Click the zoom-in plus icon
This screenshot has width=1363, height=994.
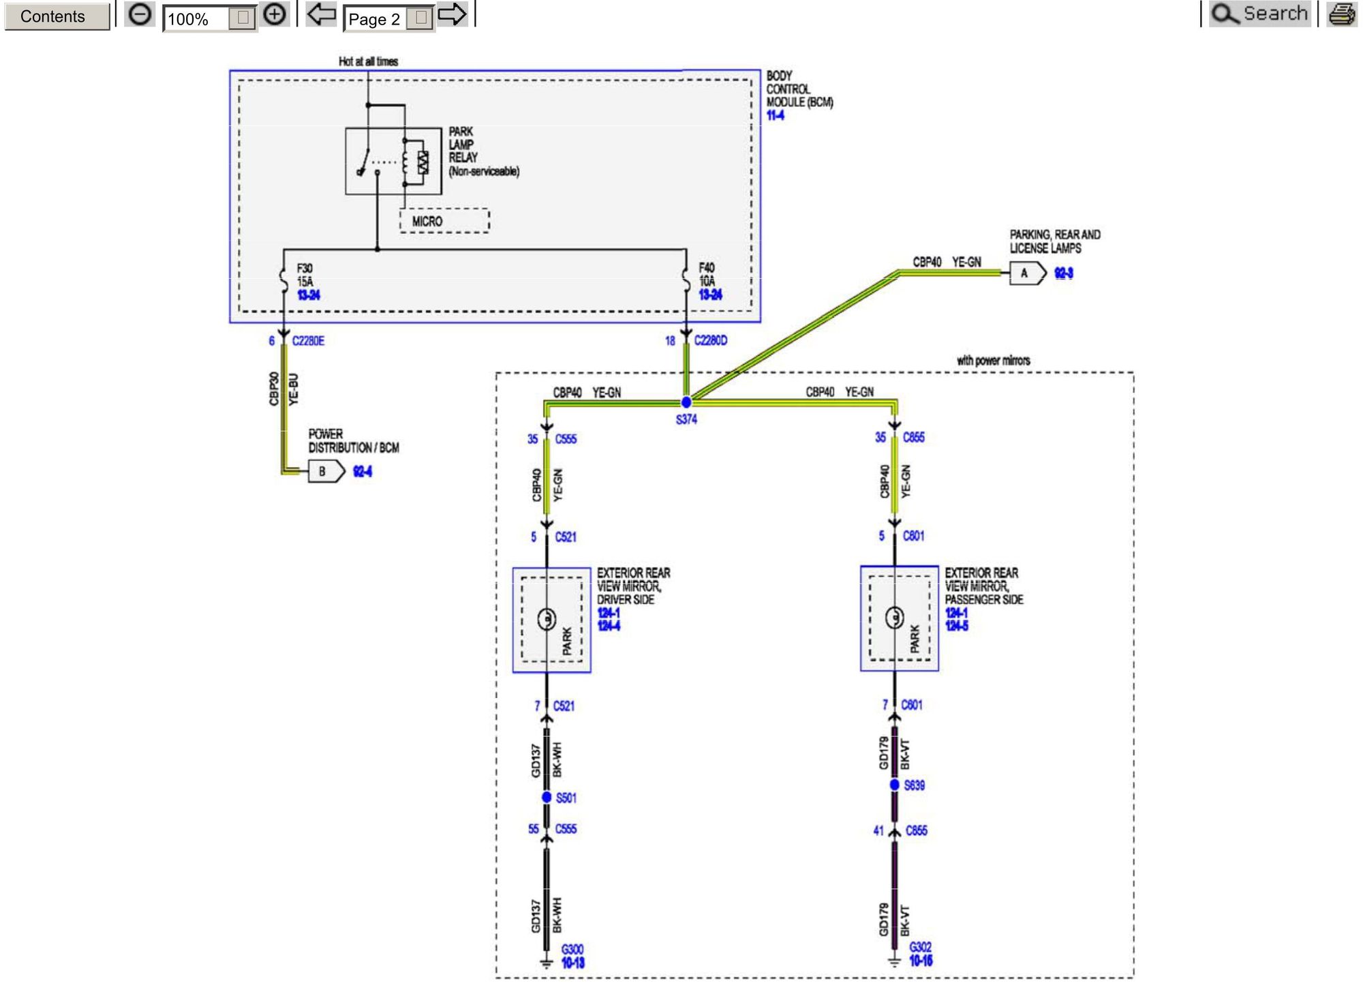(x=275, y=14)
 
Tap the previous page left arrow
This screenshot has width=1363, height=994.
(x=321, y=14)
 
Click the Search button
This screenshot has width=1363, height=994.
(x=1260, y=14)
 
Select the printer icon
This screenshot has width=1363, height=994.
(x=1341, y=14)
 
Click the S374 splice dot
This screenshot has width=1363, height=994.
(x=686, y=402)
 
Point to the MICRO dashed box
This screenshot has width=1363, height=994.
(x=444, y=221)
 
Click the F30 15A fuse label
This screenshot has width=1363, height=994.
(x=305, y=275)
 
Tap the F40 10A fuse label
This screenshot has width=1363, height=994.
(x=707, y=274)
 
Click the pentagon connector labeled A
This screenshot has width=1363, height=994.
(x=1026, y=273)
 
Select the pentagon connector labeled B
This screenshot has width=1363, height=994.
(x=326, y=471)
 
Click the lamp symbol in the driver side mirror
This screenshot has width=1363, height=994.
(x=547, y=619)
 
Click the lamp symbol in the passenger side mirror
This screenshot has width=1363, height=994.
(x=894, y=618)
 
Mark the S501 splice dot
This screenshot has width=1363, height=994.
(x=547, y=797)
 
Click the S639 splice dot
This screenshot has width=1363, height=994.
(x=894, y=785)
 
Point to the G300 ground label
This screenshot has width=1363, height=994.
(x=572, y=949)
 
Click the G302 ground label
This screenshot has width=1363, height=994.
(x=920, y=947)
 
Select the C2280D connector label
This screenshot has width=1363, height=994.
(x=711, y=340)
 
